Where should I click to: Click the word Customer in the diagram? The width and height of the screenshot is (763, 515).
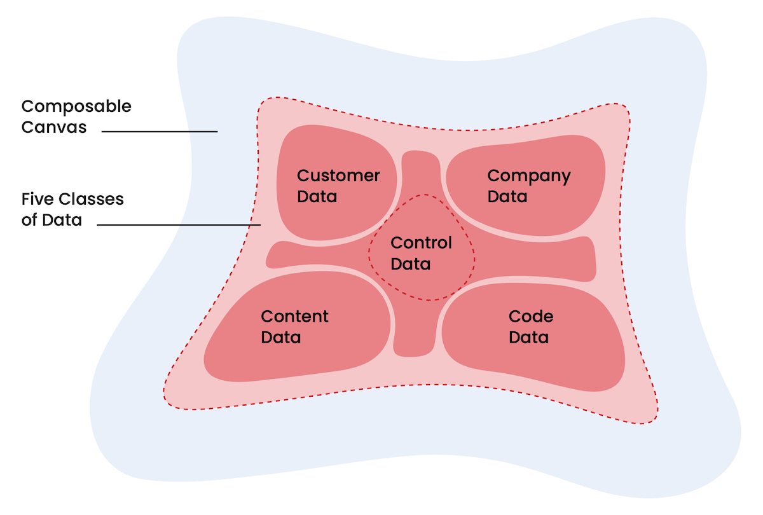[x=338, y=176]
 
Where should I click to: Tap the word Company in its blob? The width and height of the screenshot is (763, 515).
[x=528, y=177]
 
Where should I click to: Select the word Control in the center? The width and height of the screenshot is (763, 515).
[x=421, y=243]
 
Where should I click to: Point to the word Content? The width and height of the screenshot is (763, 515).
[x=294, y=317]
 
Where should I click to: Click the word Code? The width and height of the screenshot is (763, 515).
[x=531, y=317]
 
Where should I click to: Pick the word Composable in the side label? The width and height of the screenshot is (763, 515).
[x=76, y=107]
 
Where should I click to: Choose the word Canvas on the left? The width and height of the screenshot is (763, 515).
[x=53, y=127]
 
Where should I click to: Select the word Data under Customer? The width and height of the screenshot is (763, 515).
[x=317, y=196]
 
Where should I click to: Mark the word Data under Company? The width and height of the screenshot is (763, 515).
[x=507, y=196]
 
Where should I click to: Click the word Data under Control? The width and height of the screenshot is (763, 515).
[x=410, y=263]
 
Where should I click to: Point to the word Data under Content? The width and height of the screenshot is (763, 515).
[x=280, y=337]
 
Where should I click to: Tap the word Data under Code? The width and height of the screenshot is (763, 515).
[x=528, y=337]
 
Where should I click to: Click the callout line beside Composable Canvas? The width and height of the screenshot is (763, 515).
[x=160, y=132]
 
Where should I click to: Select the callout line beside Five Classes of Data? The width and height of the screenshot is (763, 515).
[x=179, y=224]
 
